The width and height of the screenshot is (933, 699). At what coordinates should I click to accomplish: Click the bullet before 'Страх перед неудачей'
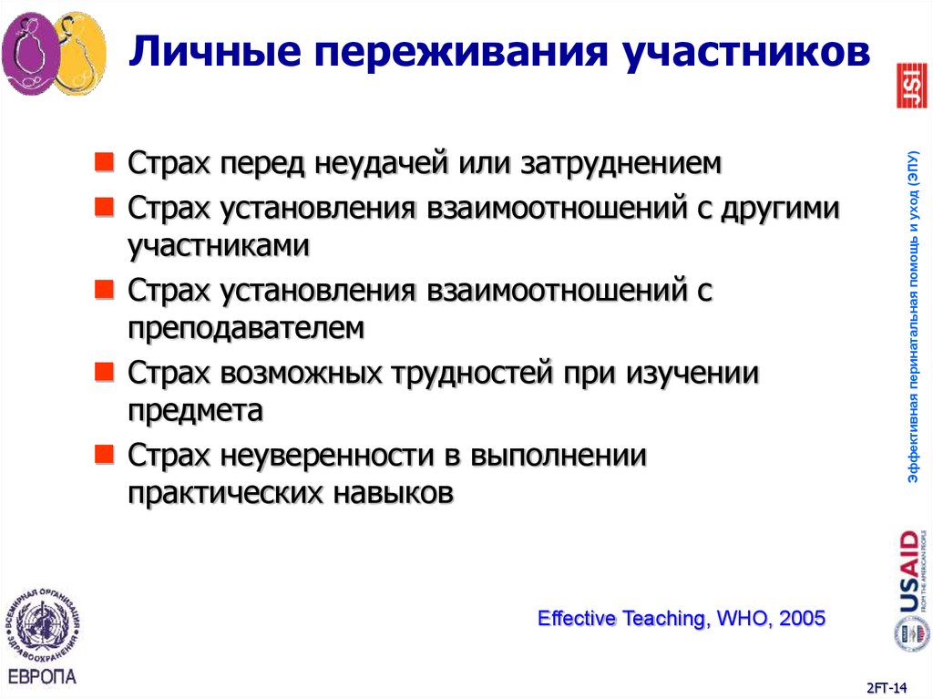(x=106, y=163)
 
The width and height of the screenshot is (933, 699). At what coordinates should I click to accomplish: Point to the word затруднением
(x=620, y=164)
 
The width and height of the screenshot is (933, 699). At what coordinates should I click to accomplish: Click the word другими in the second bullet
(x=779, y=208)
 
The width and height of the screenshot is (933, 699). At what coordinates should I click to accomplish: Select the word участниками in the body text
(x=219, y=245)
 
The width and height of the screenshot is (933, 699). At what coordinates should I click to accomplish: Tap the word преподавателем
(x=246, y=327)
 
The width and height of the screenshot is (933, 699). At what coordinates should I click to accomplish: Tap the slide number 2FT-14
(x=888, y=685)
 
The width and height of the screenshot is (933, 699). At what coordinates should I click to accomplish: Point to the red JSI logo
(x=912, y=86)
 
